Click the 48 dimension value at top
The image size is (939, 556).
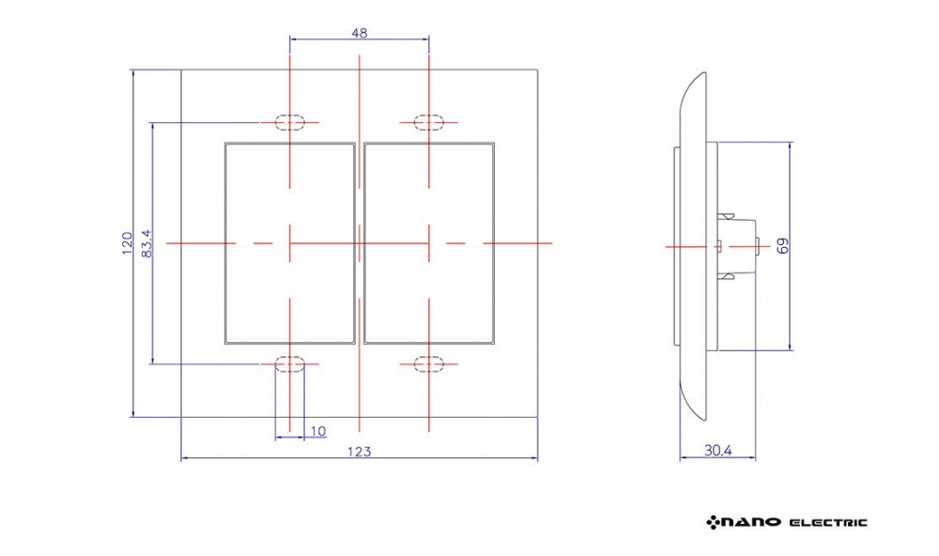click(x=360, y=33)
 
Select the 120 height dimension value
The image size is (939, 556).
click(x=127, y=243)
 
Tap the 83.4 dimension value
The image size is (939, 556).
click(x=146, y=244)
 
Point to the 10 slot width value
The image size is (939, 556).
click(x=318, y=431)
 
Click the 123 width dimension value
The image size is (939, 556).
click(x=360, y=451)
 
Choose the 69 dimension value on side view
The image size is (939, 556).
click(x=783, y=246)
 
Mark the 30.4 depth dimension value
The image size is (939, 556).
click(x=717, y=450)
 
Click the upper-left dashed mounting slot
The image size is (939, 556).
click(x=290, y=122)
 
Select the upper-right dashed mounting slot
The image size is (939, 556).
click(x=429, y=122)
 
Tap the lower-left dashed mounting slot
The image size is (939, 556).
click(x=290, y=363)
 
